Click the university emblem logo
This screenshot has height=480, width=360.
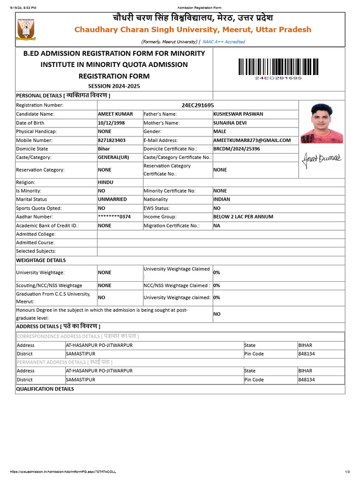pos(26,29)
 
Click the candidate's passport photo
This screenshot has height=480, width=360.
pos(322,123)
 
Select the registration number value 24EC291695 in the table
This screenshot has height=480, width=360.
pos(197,105)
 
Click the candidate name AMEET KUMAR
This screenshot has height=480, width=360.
pos(115,114)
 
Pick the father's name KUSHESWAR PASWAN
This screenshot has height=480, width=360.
pos(238,114)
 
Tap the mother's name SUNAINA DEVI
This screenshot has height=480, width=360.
pos(230,123)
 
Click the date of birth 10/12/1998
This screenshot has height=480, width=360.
pos(112,123)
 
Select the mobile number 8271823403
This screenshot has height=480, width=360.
pos(112,140)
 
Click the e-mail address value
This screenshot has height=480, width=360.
pos(252,140)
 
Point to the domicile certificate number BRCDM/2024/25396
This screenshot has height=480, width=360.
pos(236,149)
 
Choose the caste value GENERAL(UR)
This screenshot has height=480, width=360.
pos(113,157)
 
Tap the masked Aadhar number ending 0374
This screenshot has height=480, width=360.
pos(114,217)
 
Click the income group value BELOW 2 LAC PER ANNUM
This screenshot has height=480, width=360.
pos(243,217)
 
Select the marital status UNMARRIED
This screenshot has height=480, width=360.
pos(112,199)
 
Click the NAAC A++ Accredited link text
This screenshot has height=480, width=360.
pos(224,42)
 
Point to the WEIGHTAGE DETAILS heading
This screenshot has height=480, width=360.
pos(41,260)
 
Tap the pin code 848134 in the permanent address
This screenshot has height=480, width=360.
pos(307,380)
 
